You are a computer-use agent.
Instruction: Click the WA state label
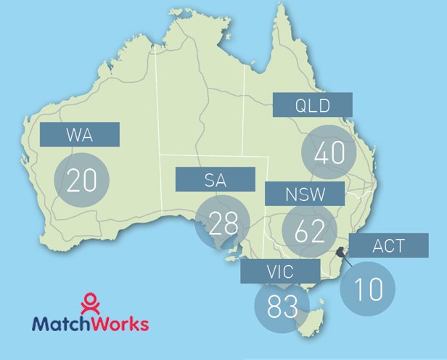[x=79, y=134]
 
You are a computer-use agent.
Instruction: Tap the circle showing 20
[x=81, y=179]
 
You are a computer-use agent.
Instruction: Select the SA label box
[x=216, y=179]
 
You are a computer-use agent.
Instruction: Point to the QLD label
[x=313, y=105]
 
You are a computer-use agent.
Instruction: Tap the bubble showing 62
[x=310, y=230]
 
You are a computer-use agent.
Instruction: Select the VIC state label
[x=280, y=273]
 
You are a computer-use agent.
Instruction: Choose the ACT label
[x=388, y=245]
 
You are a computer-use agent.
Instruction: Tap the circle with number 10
[x=369, y=288]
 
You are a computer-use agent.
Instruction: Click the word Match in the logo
[x=59, y=322]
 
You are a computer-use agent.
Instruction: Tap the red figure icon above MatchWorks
[x=89, y=300]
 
